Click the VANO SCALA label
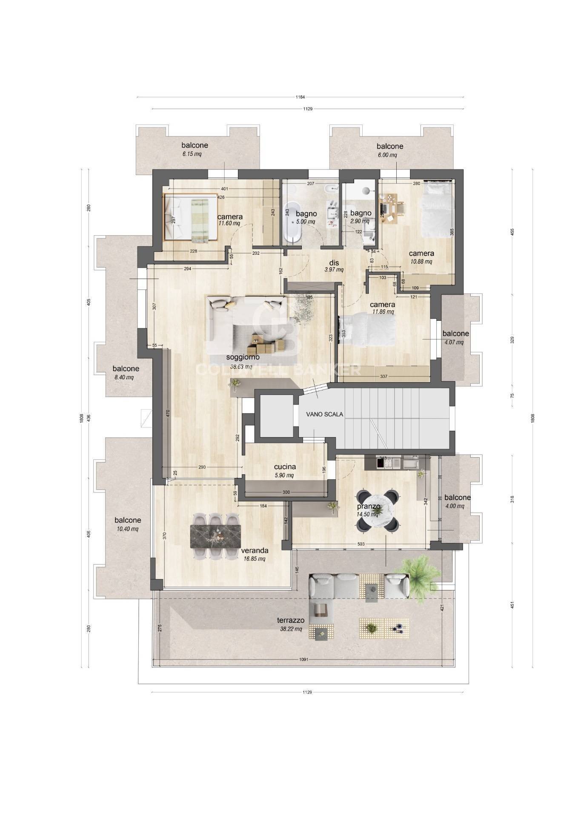point(324,414)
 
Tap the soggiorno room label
point(241,361)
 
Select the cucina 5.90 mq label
point(285,470)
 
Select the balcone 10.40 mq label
point(127,524)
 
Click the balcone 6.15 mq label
point(195,149)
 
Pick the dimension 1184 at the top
point(300,97)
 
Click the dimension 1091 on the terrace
point(303,660)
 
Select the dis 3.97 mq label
point(333,266)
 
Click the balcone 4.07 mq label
point(455,337)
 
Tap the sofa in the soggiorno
point(247,315)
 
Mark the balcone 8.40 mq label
point(126,372)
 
